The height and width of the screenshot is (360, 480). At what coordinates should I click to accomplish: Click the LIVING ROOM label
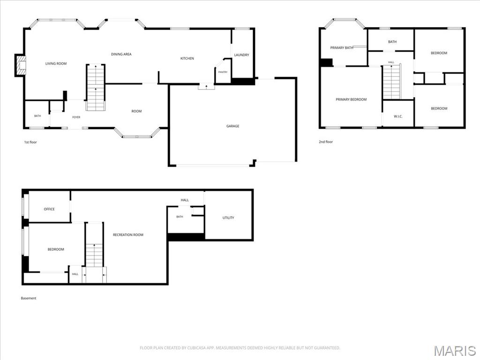click(x=56, y=64)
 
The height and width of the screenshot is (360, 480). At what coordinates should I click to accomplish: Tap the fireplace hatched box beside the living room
click(x=21, y=65)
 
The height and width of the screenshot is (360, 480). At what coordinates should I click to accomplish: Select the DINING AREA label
click(x=121, y=54)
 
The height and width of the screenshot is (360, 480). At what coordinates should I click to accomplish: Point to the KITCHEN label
click(x=187, y=59)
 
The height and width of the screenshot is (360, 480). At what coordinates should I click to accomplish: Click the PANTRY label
click(x=223, y=72)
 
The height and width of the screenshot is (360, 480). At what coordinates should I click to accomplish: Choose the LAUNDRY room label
click(x=241, y=55)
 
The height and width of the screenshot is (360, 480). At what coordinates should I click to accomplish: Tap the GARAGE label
click(x=232, y=126)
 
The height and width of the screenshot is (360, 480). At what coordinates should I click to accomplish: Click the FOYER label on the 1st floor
click(x=76, y=117)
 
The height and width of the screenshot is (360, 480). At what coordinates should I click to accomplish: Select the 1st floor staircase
click(x=96, y=87)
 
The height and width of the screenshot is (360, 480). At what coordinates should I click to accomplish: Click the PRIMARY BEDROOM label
click(x=351, y=99)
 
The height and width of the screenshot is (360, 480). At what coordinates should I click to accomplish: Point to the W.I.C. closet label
click(x=398, y=117)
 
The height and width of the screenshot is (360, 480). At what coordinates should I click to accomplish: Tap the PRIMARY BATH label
click(x=342, y=48)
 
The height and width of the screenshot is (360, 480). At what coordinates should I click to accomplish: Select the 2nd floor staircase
click(x=392, y=82)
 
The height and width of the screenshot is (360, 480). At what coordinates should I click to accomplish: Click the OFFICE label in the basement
click(x=49, y=209)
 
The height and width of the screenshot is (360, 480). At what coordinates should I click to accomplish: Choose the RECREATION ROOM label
click(x=128, y=235)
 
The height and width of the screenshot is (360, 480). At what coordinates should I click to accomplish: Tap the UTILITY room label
click(x=228, y=218)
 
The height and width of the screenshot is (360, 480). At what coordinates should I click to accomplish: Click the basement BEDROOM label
click(x=56, y=249)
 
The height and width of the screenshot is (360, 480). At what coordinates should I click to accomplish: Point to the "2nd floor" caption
click(x=326, y=142)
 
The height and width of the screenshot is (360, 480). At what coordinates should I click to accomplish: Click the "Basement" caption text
click(x=29, y=298)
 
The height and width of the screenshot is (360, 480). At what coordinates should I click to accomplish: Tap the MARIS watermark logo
click(x=455, y=351)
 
